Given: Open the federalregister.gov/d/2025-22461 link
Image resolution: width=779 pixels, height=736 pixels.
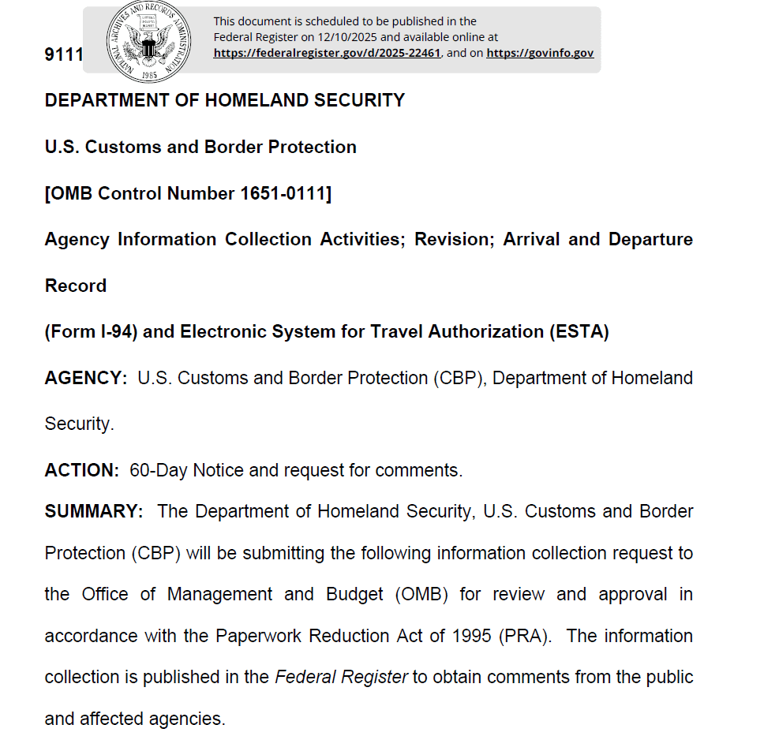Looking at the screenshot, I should [327, 53].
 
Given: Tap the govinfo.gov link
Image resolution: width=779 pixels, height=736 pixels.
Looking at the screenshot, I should [540, 53].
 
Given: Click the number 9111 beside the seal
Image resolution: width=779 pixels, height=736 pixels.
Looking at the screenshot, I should [63, 55].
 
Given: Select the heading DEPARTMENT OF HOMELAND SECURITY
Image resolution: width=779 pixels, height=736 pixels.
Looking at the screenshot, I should [225, 100].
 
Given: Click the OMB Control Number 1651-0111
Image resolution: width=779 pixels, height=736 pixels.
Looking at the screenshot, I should [188, 193].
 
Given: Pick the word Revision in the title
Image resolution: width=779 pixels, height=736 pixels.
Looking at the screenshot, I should [452, 239].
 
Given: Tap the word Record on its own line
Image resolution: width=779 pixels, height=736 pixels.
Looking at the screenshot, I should [76, 286].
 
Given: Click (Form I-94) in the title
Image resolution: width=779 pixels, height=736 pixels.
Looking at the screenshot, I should [91, 331].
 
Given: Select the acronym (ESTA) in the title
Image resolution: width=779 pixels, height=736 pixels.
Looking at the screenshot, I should [579, 331].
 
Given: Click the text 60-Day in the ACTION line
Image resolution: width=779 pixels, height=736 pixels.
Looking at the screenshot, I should [159, 470].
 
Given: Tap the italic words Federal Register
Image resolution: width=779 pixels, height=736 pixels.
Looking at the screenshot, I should [341, 677].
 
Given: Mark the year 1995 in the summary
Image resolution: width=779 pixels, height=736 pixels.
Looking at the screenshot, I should [472, 636].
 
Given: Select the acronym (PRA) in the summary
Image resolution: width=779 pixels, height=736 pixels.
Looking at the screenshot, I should [523, 636].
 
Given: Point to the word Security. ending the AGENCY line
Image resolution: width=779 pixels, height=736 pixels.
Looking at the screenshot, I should [80, 424].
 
